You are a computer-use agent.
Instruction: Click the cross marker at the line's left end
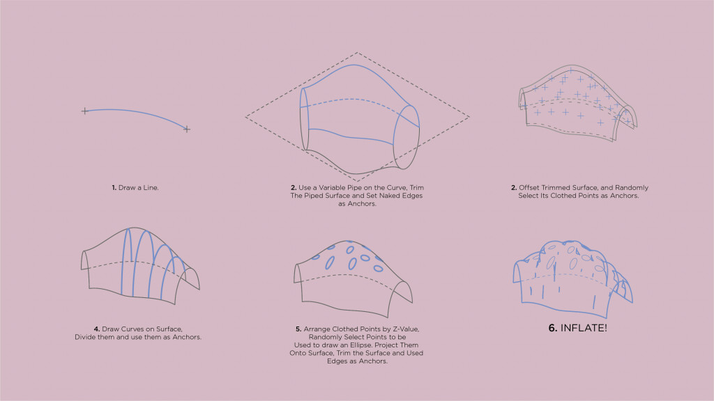coord(84,111)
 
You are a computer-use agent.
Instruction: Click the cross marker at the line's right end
coord(187,129)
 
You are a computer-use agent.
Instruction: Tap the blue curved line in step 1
coord(136,112)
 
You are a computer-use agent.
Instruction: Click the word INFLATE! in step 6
coord(584,329)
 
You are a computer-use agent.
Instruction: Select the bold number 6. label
coord(553,329)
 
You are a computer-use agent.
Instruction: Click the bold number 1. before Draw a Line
coord(114,188)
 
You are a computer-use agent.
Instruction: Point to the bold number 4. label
coord(97,329)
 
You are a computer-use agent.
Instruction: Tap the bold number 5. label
coord(298,329)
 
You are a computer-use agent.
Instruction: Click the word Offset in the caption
coord(529,188)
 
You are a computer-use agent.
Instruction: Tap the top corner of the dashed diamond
coord(357,53)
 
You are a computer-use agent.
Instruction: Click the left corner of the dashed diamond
coord(246,117)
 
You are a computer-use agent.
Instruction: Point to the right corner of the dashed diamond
coord(469,117)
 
